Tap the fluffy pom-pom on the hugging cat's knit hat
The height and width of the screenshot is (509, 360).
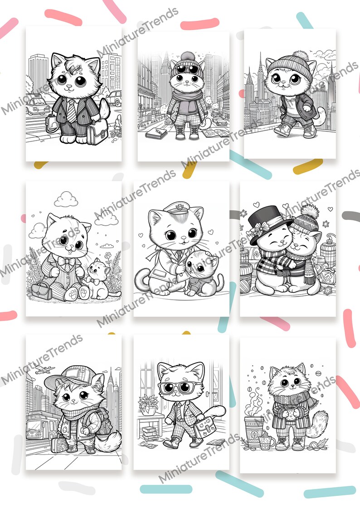[x=308, y=210]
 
